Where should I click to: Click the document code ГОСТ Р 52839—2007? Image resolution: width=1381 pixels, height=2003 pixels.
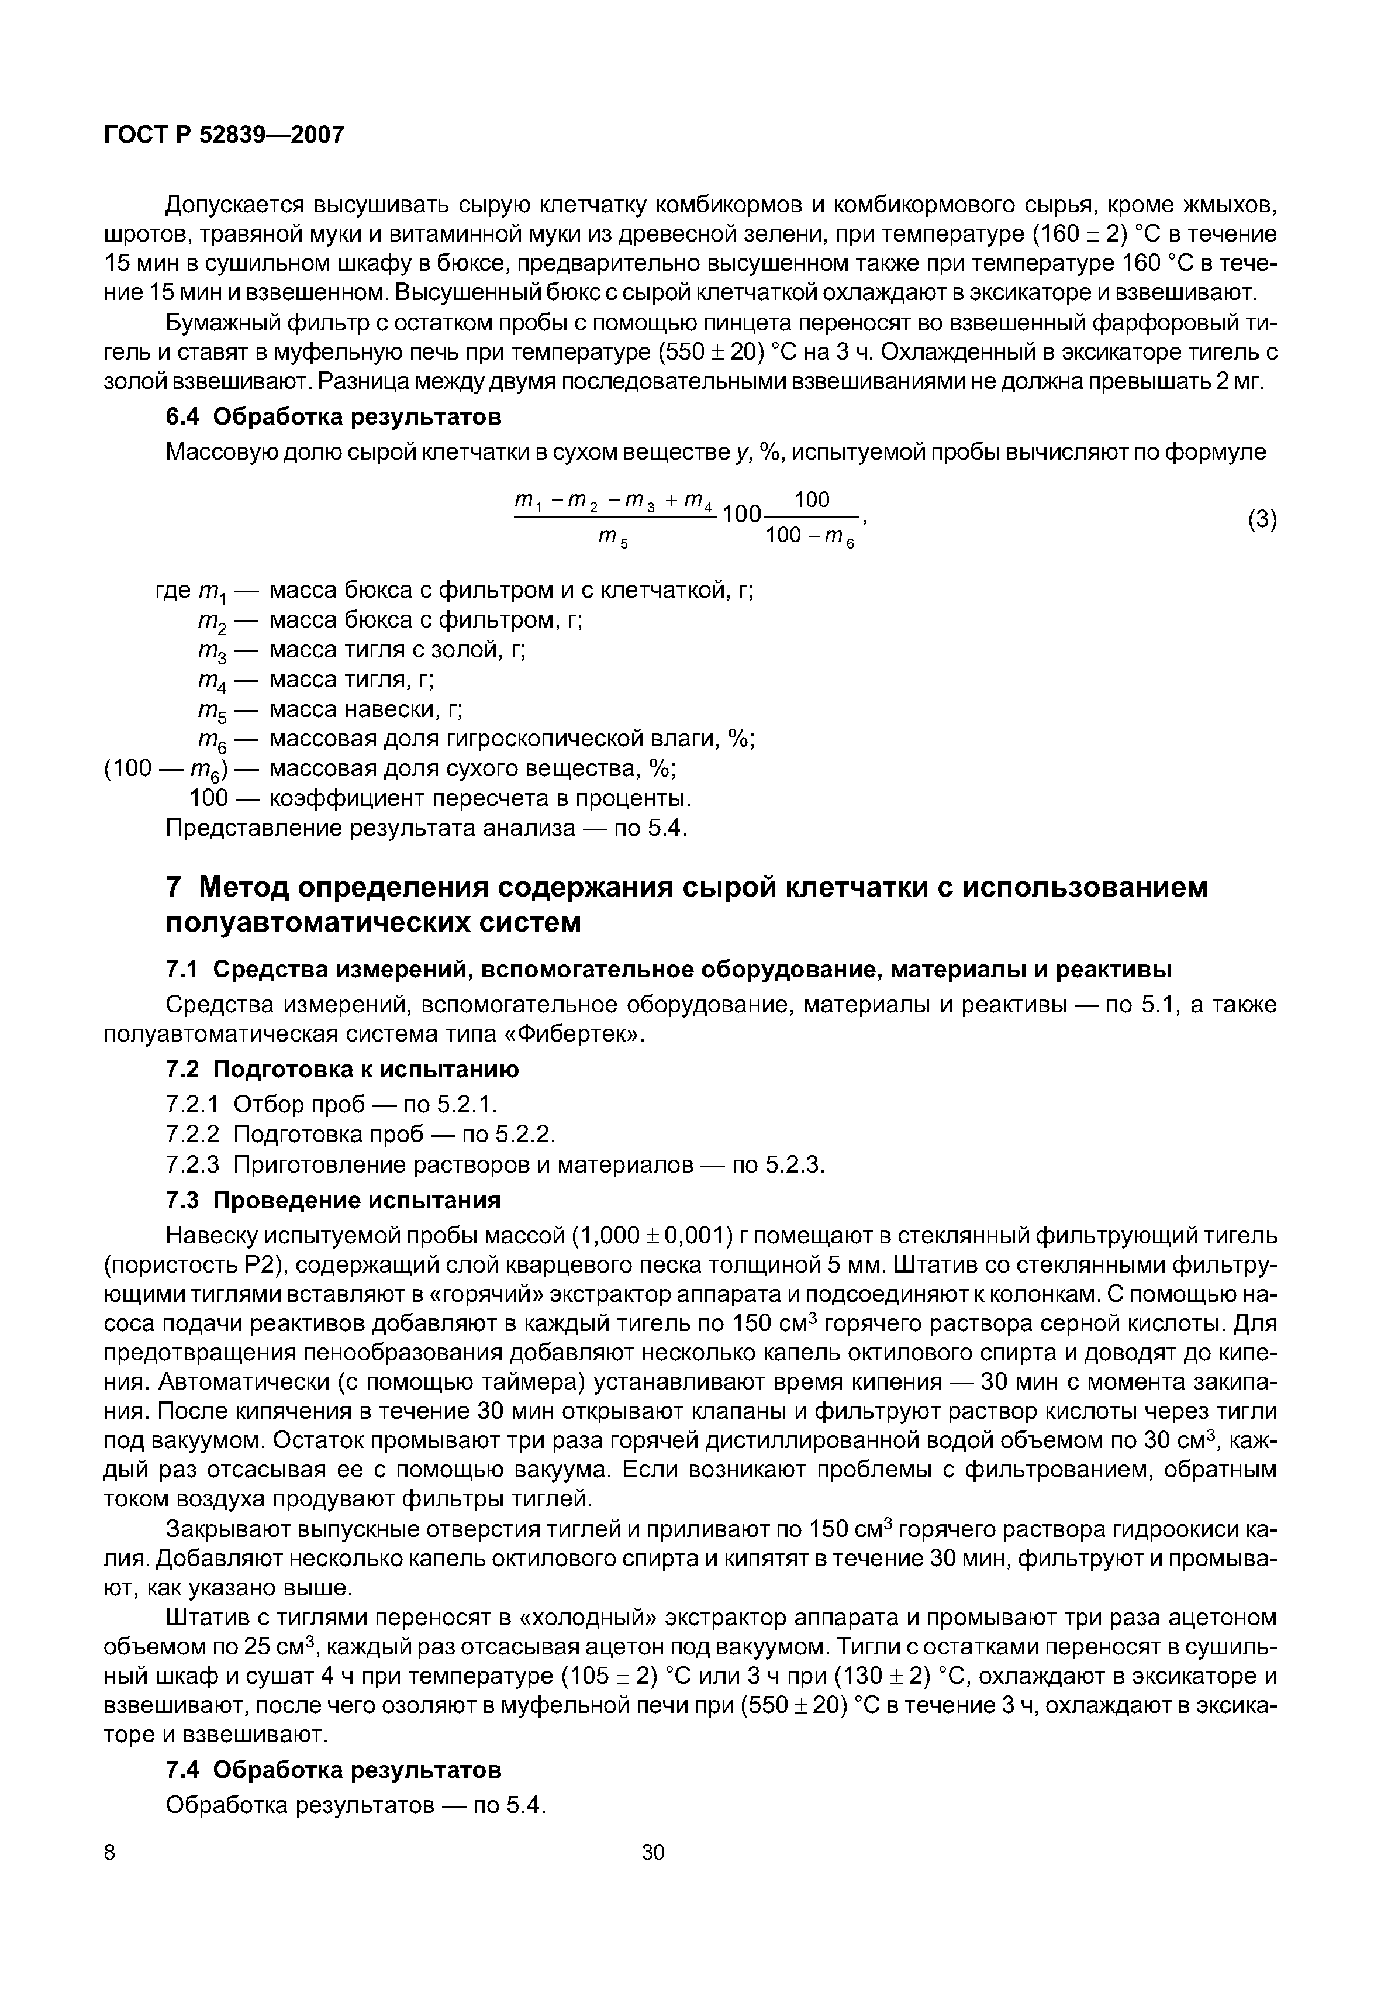[x=223, y=135]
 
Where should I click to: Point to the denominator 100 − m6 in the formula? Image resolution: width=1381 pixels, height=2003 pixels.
[x=810, y=537]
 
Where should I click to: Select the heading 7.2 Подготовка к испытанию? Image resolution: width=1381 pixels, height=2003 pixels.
[x=342, y=1070]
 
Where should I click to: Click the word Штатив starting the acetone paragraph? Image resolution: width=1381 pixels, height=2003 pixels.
[x=205, y=1618]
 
